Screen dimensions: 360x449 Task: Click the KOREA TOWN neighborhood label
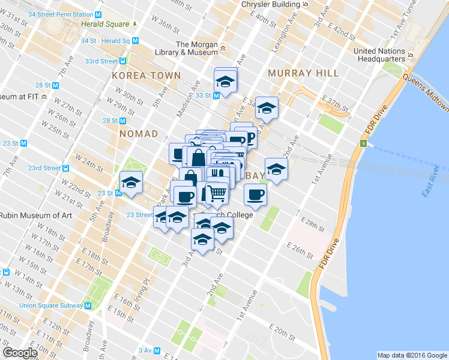point(146,76)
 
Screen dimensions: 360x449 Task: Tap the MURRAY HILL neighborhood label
point(303,73)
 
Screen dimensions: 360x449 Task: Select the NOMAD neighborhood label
point(138,134)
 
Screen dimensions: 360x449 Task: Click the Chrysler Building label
point(270,4)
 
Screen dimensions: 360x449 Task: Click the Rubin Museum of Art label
point(36,216)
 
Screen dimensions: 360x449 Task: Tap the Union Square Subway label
point(50,305)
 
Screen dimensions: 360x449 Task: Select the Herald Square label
point(106,24)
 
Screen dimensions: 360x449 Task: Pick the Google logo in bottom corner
point(20,353)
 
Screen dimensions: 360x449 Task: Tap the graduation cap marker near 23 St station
point(130,182)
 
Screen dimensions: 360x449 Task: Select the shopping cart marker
point(216,193)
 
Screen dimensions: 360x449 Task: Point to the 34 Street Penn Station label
point(61,14)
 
